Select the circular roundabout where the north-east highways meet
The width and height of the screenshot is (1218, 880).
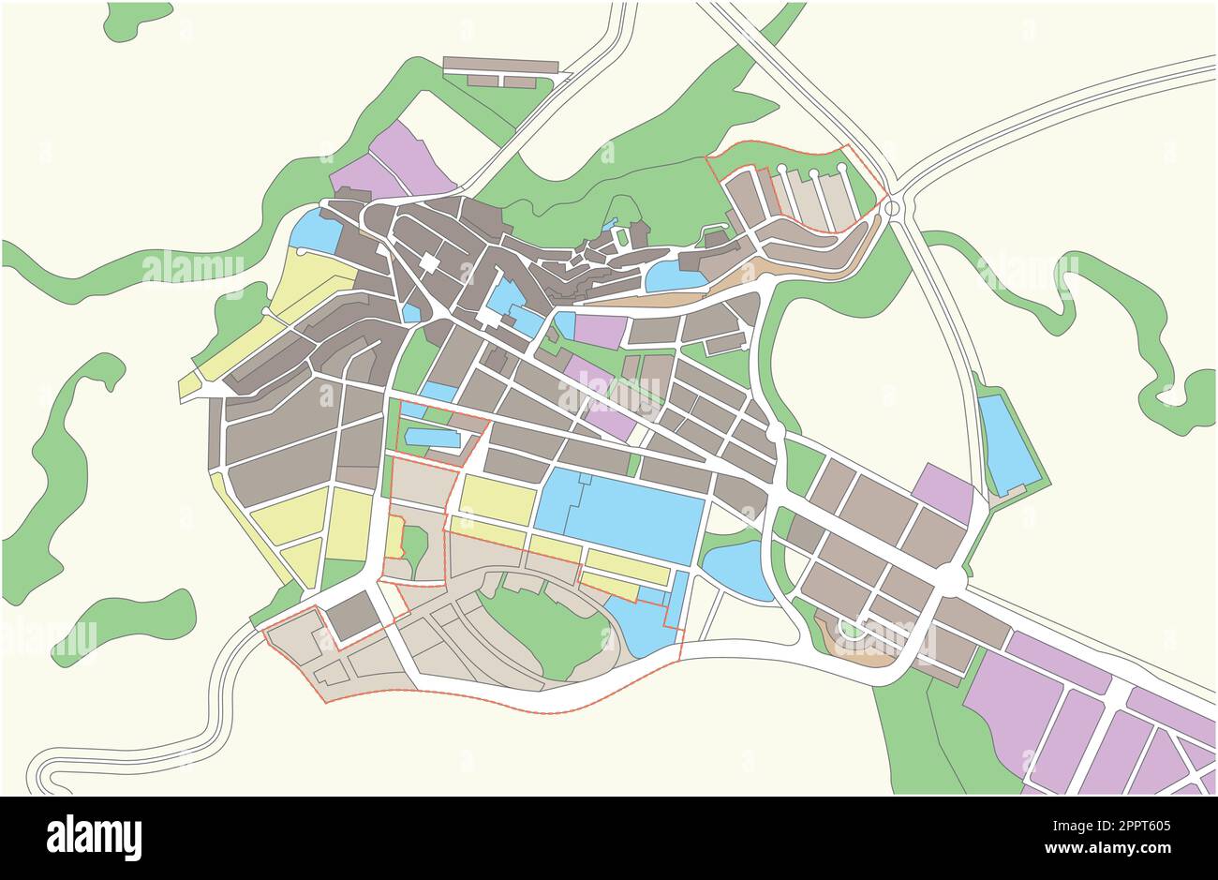point(892,207)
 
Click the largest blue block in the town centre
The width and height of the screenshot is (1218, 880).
point(623,515)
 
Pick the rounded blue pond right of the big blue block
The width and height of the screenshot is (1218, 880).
point(737,569)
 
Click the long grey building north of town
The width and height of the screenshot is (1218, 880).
point(500,65)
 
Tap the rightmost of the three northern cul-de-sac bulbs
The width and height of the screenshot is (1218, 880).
point(841,169)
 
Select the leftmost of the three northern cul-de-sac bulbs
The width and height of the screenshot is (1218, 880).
point(781,170)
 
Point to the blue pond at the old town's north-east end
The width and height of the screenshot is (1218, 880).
point(675,275)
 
